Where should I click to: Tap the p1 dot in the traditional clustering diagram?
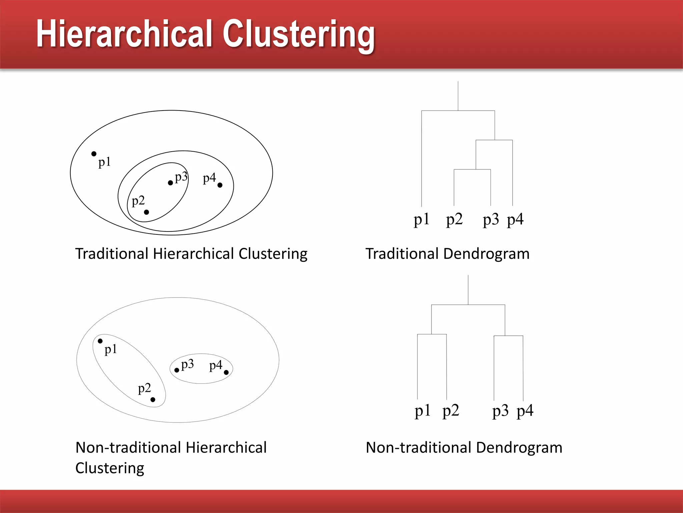pyautogui.click(x=94, y=154)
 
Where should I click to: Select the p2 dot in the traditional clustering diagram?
pyautogui.click(x=146, y=212)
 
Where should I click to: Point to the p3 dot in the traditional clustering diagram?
pyautogui.click(x=170, y=183)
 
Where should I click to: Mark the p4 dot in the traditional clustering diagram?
pyautogui.click(x=220, y=185)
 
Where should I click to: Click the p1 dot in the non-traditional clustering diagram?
pyautogui.click(x=100, y=341)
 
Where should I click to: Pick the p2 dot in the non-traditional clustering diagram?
pyautogui.click(x=153, y=399)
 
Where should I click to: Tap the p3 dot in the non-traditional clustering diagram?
pyautogui.click(x=177, y=370)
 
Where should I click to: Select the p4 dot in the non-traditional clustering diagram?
pyautogui.click(x=226, y=372)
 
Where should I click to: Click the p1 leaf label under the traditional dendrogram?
pyautogui.click(x=422, y=220)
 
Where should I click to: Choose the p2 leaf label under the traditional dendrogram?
pyautogui.click(x=454, y=220)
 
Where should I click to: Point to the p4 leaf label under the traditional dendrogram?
pyautogui.click(x=515, y=220)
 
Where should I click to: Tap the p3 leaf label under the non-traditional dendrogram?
pyautogui.click(x=500, y=411)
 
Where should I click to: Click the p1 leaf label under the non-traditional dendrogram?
pyautogui.click(x=423, y=411)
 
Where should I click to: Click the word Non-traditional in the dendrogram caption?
pyautogui.click(x=418, y=448)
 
